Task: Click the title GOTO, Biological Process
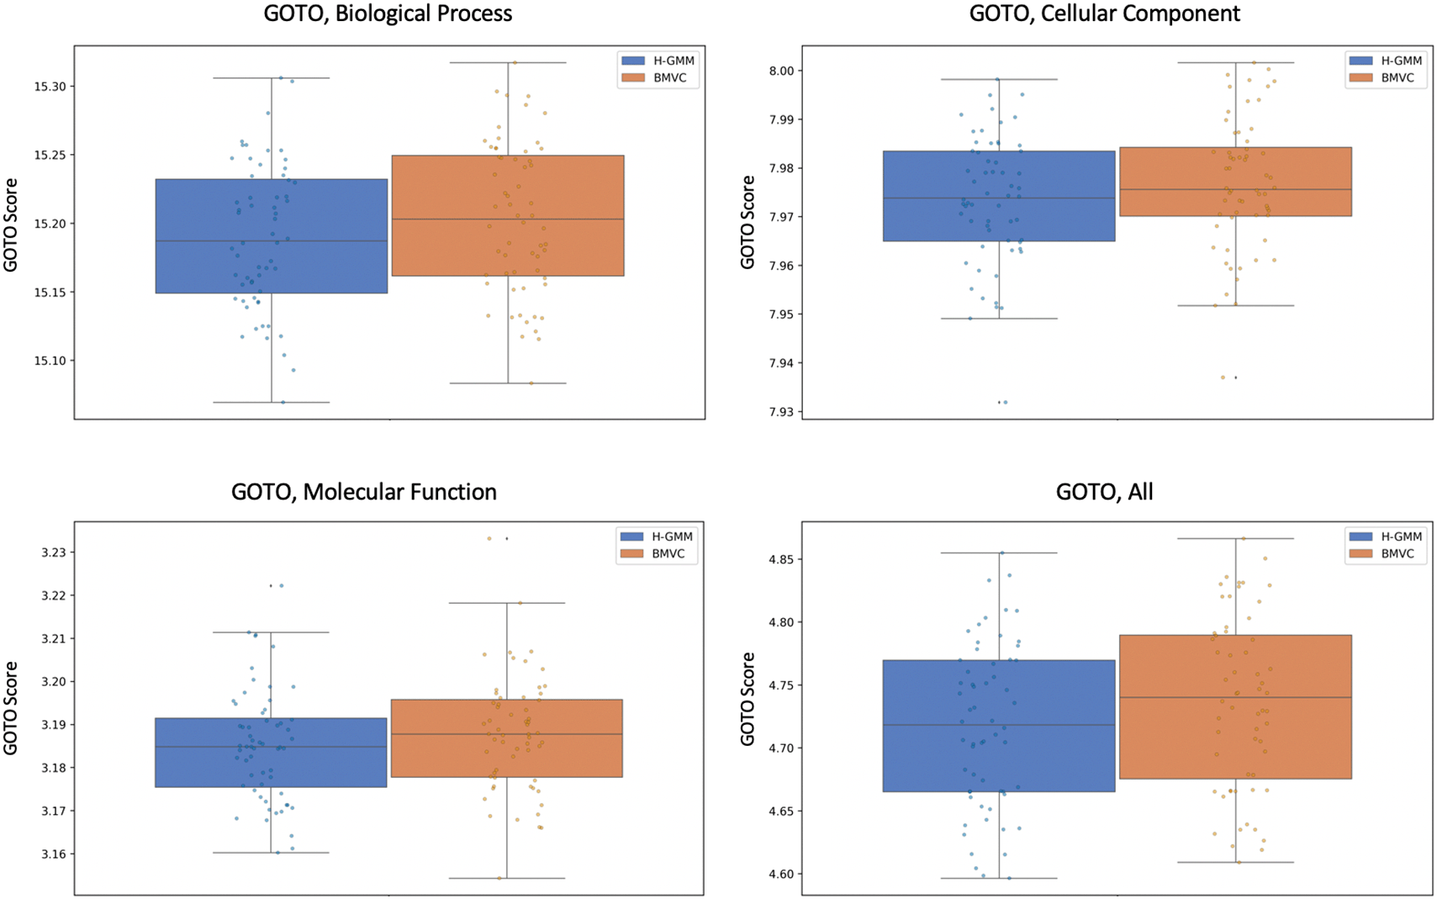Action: (x=388, y=13)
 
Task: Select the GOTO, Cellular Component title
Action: (x=1104, y=13)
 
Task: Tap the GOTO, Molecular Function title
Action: (x=363, y=492)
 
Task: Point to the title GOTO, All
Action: (x=1104, y=492)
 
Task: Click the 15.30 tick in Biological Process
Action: (x=50, y=87)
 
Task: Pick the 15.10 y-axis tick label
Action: (x=50, y=361)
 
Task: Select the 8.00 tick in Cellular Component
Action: (x=781, y=71)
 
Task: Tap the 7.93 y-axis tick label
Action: (x=781, y=412)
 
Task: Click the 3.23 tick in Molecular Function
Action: (x=53, y=553)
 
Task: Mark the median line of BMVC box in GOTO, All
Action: (x=1235, y=697)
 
